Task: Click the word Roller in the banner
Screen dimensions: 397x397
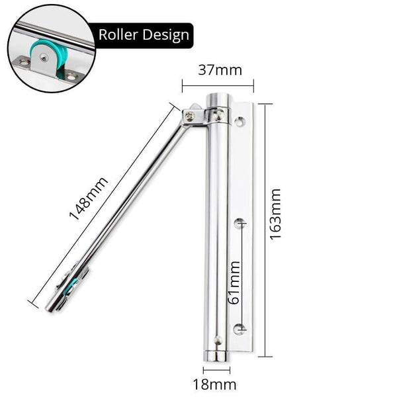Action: point(119,34)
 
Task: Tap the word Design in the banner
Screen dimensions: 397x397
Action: point(165,34)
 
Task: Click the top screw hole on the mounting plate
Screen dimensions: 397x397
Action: point(239,122)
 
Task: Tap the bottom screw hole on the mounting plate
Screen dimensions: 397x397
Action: point(240,326)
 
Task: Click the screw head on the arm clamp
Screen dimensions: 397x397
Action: point(191,118)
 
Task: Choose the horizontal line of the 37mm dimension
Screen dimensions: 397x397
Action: point(218,85)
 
